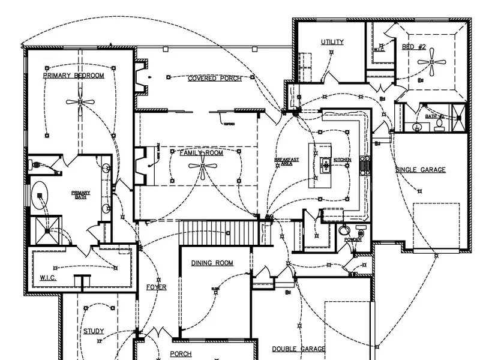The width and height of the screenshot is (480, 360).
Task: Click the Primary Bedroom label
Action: (73, 76)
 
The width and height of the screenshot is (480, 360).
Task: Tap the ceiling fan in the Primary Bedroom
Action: (80, 103)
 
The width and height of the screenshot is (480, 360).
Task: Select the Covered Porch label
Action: (215, 79)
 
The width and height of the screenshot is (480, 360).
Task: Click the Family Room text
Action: (201, 153)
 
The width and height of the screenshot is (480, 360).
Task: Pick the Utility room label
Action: (332, 42)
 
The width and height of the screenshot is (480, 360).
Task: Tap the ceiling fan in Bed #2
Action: (431, 61)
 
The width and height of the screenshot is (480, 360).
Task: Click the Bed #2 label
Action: (413, 47)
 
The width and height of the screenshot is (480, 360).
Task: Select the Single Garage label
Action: (420, 170)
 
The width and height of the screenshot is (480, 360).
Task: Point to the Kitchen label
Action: (342, 160)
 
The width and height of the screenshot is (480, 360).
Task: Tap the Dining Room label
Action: (212, 263)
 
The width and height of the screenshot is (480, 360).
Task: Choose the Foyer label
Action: (157, 287)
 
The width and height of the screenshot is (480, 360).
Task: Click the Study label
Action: (94, 331)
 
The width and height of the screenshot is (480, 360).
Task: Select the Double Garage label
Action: (299, 349)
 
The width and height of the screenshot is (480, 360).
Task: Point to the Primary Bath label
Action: (80, 195)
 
